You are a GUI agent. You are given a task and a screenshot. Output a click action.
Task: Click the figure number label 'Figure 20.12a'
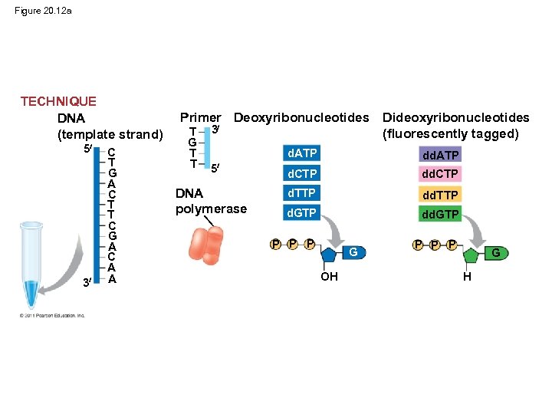[43, 11]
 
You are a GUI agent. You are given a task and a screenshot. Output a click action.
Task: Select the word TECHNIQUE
[58, 101]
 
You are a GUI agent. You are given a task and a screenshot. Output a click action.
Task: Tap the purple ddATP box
[440, 156]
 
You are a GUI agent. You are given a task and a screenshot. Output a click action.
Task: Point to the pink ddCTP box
[440, 174]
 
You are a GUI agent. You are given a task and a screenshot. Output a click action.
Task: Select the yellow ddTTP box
[440, 195]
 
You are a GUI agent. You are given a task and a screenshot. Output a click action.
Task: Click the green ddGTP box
[440, 215]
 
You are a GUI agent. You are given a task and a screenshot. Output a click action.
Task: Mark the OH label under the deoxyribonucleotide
[329, 277]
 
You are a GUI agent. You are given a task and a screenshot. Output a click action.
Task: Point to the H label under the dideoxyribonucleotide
[467, 277]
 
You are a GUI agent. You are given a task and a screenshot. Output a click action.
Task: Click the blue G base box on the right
[495, 252]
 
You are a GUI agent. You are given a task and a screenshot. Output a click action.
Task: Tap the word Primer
[200, 117]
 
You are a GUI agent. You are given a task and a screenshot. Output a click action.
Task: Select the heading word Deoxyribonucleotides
[301, 117]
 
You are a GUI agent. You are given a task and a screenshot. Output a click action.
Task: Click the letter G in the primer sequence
[193, 143]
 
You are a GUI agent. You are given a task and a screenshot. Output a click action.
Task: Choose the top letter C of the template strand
[112, 152]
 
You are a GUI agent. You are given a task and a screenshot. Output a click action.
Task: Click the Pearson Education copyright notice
[54, 314]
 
